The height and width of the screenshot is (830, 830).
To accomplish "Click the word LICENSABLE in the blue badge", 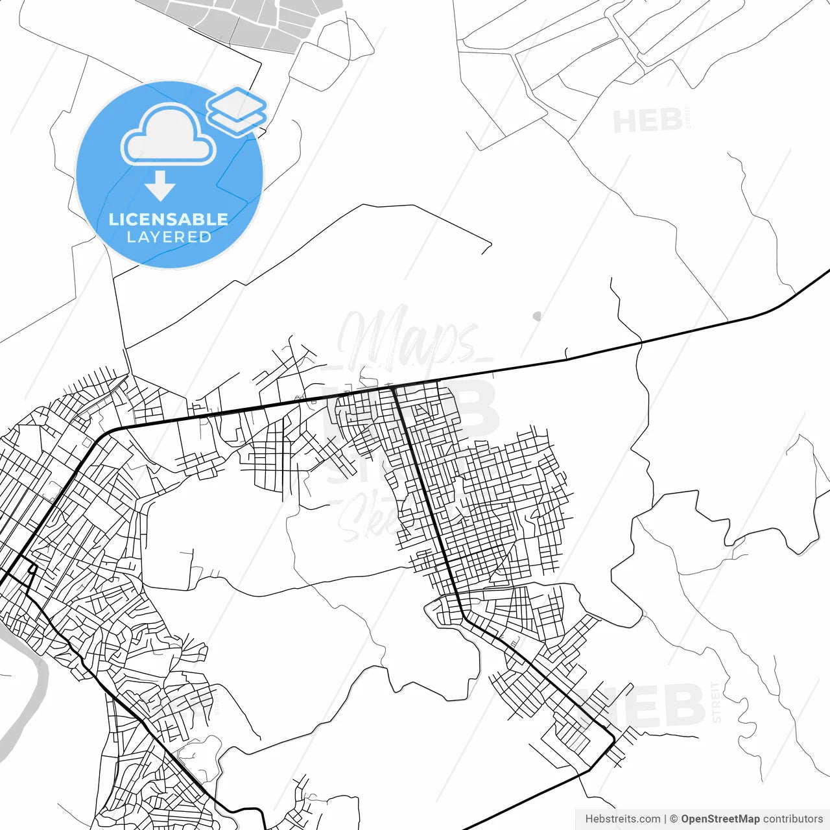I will (x=169, y=219).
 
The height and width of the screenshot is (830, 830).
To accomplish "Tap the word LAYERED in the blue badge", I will (x=169, y=237).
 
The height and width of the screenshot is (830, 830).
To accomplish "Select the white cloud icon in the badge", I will (x=169, y=135).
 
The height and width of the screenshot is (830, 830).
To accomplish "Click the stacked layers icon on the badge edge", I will (x=237, y=110).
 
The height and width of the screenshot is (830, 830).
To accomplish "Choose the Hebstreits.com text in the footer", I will (x=622, y=819).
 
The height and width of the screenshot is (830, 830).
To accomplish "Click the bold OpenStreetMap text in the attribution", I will (x=720, y=819).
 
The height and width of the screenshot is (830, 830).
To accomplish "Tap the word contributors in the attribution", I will (x=793, y=819).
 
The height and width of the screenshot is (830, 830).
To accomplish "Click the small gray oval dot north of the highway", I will (x=536, y=316).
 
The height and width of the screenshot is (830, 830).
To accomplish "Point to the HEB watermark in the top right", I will (x=647, y=121).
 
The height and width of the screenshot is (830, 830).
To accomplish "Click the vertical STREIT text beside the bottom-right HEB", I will (x=716, y=702).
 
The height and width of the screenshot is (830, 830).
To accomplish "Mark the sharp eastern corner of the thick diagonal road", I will (x=613, y=739).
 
